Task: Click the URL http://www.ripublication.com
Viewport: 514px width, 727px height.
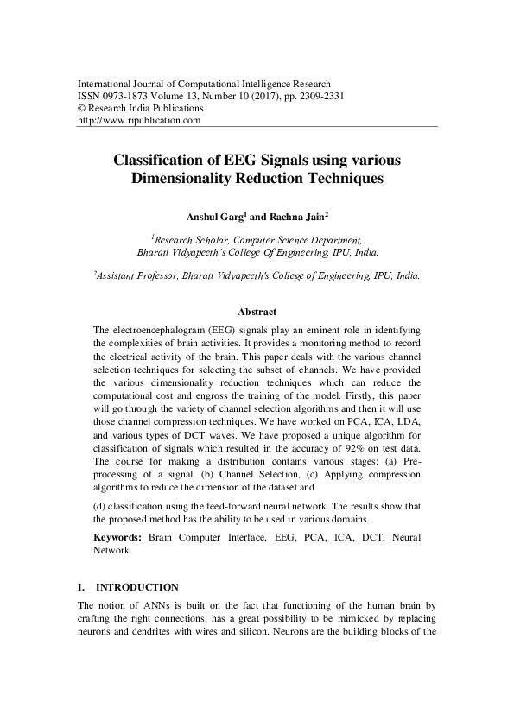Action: click(x=139, y=121)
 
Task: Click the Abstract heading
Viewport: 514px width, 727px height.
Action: click(x=257, y=312)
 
